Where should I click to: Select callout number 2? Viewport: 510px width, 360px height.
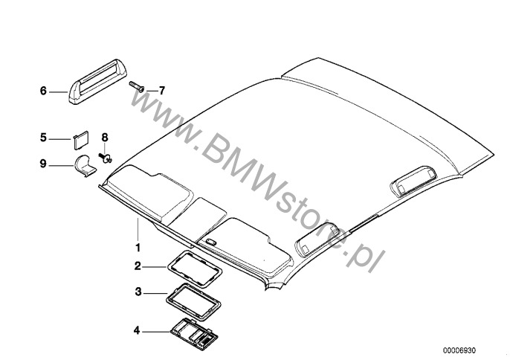point(137,266)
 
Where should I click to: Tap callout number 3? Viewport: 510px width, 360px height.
point(137,292)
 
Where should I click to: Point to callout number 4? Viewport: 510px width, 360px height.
point(137,330)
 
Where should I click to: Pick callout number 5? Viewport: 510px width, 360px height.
point(43,138)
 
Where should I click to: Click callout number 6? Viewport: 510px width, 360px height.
point(43,91)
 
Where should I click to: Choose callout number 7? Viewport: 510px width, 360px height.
point(161,90)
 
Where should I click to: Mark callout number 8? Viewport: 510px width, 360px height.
point(105,138)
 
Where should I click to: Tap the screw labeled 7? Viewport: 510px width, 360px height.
point(138,88)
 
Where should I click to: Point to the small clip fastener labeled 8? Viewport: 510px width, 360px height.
point(106,155)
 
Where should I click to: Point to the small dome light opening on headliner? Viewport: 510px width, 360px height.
point(211,242)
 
